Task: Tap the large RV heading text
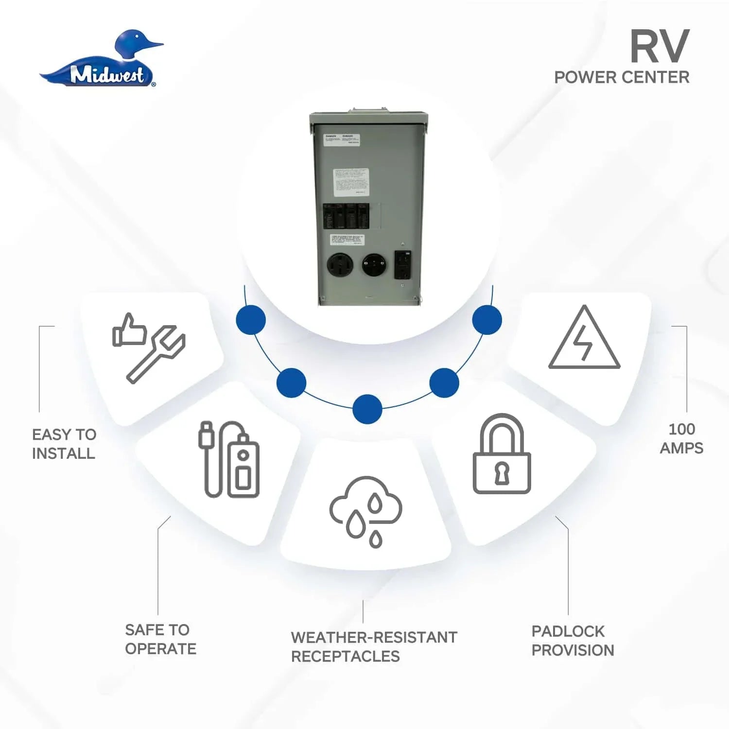click(x=659, y=47)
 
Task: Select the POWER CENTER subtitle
click(x=622, y=77)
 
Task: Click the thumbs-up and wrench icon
click(x=149, y=347)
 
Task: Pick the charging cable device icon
click(x=229, y=459)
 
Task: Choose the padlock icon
click(x=502, y=454)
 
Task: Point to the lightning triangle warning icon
click(x=584, y=339)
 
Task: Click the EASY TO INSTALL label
click(x=64, y=444)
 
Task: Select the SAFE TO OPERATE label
click(x=160, y=639)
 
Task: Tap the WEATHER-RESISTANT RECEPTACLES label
click(x=374, y=646)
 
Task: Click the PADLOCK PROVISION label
click(x=573, y=641)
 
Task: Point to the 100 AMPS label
click(x=681, y=438)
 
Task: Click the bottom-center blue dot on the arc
click(x=367, y=409)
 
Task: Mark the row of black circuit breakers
click(x=346, y=216)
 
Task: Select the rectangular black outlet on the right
click(x=402, y=265)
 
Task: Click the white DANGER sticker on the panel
click(x=342, y=140)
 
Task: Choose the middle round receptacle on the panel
click(x=374, y=265)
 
